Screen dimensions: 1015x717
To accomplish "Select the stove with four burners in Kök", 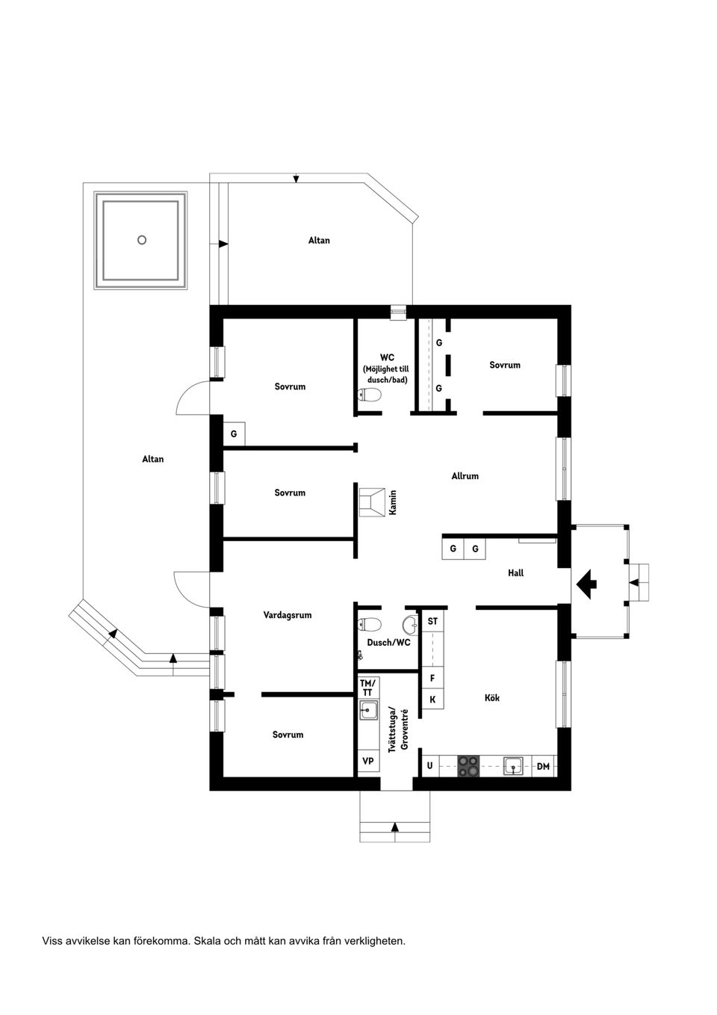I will (x=469, y=765).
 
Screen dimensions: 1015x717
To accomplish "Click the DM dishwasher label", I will (x=543, y=766).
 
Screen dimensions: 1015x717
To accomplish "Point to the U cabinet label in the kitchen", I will (x=429, y=766).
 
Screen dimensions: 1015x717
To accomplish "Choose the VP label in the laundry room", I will (x=367, y=761).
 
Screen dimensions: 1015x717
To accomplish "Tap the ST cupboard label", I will (x=432, y=622).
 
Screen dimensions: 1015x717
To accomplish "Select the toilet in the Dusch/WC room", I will (x=370, y=624).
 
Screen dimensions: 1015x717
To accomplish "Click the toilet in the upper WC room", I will (x=370, y=395).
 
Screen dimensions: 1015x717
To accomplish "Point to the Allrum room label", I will (x=465, y=476).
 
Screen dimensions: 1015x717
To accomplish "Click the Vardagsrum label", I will (x=288, y=615).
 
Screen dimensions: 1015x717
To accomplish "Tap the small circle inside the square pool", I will (x=142, y=240).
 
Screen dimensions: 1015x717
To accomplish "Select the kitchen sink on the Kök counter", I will (x=512, y=765).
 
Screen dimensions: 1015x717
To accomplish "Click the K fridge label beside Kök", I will (x=432, y=700).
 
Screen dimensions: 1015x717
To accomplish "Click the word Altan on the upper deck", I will (x=319, y=241).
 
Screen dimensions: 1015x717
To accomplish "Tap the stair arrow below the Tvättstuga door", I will (x=394, y=827).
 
